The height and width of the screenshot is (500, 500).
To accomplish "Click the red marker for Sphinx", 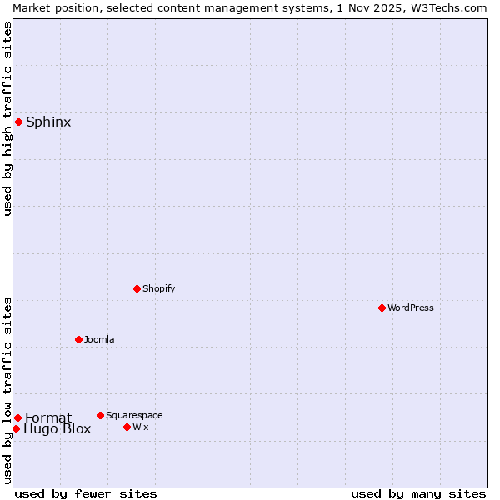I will coord(18,122).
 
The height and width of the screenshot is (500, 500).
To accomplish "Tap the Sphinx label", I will coord(48,122).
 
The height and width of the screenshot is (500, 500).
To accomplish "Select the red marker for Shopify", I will coord(137,289).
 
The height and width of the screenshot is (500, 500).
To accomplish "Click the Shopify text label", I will coord(158,289).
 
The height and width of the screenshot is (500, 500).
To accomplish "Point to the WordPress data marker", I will coord(382,308).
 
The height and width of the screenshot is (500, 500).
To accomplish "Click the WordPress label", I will coord(410,308).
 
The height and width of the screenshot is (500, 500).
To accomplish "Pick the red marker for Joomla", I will coord(78,339).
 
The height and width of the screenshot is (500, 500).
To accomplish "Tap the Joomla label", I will coord(99,340).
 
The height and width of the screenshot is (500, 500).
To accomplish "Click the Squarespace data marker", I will coord(100,415).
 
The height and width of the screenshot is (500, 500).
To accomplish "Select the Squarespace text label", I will coord(134,416).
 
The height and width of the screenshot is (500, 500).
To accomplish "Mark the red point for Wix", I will coord(127,427).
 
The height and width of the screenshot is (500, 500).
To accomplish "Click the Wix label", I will coord(141,427).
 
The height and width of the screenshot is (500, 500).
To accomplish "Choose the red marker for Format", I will coord(17,417).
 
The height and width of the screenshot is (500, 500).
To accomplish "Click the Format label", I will coord(48,418).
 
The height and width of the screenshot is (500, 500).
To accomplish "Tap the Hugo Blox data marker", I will coord(16,429).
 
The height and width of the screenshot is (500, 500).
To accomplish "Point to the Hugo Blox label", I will coord(57,430).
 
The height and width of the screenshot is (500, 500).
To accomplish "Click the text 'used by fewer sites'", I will coord(86,494).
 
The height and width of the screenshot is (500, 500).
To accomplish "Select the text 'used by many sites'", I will coord(418,494).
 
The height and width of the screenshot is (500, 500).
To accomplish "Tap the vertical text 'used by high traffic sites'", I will coord(7,118).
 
